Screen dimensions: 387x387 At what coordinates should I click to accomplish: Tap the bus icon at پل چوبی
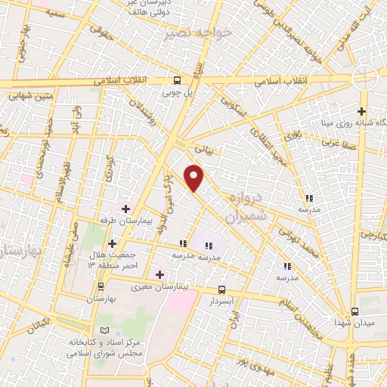(x=177, y=81)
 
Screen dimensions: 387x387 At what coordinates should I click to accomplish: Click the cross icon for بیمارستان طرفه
(x=125, y=208)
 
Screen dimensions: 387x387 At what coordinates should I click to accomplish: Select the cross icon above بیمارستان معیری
(x=159, y=274)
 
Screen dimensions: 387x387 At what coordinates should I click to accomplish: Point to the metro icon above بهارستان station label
(x=101, y=287)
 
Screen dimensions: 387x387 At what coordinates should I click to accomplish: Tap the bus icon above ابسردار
(x=221, y=289)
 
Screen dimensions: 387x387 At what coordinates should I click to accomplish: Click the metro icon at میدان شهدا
(x=354, y=311)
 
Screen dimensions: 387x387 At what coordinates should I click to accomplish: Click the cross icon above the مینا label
(x=361, y=112)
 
